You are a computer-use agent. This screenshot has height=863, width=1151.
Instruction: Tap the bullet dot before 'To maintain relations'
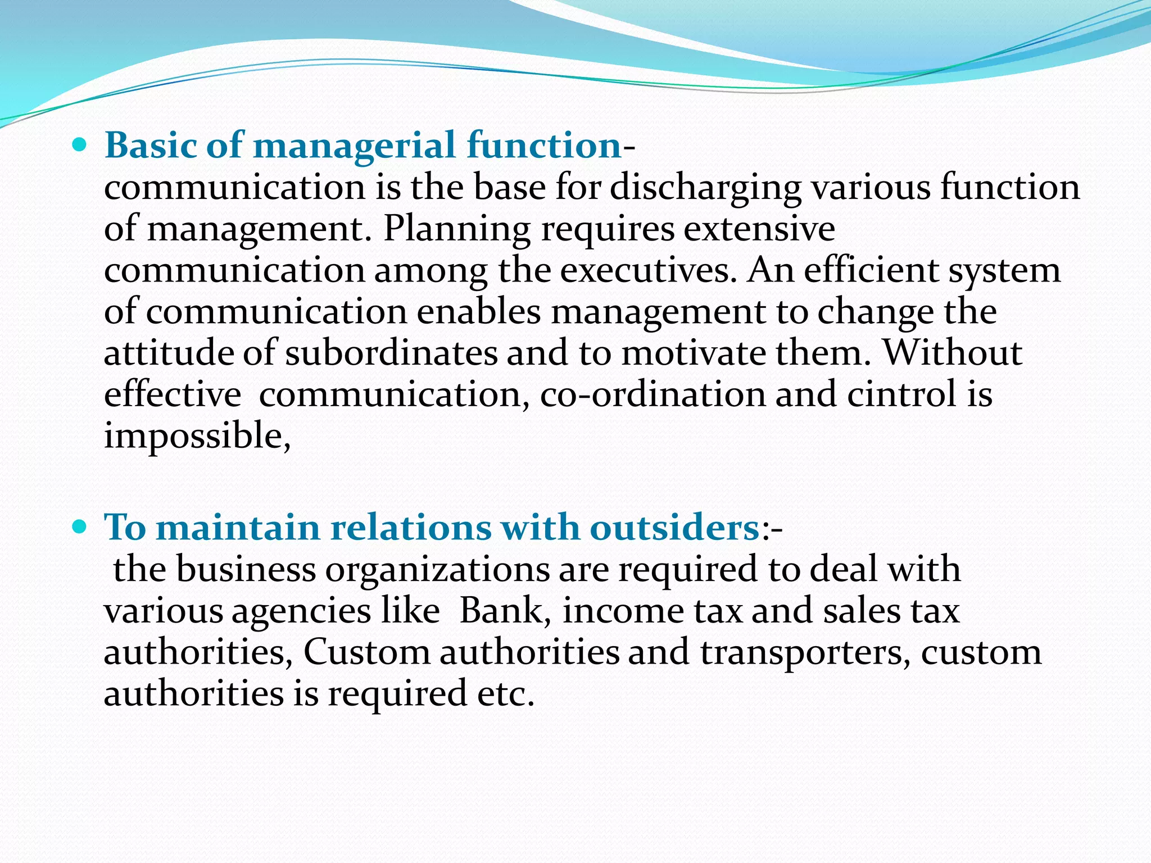(80, 528)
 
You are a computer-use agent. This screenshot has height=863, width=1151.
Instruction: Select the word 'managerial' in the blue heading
(355, 146)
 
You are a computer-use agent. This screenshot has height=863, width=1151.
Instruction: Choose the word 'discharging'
(705, 188)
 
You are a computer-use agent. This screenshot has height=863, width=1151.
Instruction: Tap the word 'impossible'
(197, 437)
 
